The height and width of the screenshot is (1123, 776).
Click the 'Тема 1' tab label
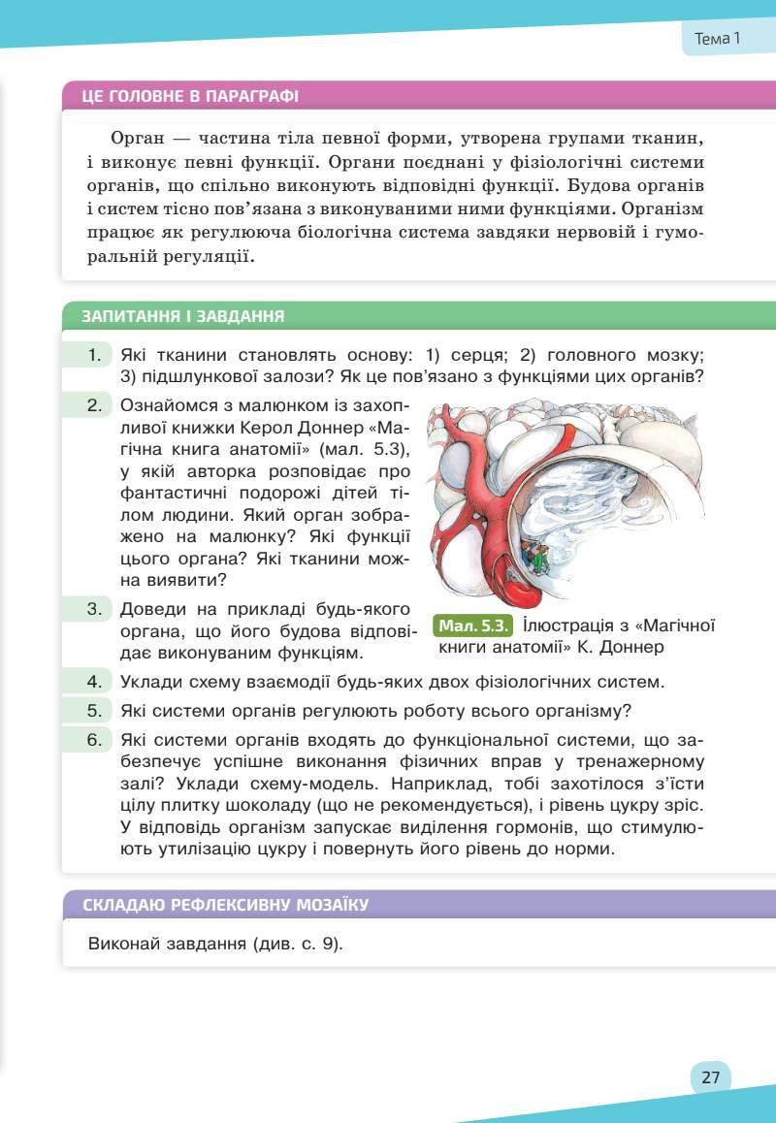tap(718, 39)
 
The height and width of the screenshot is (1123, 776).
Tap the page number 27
tap(710, 1077)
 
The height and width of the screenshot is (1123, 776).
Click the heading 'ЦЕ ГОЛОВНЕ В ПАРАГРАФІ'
tap(191, 96)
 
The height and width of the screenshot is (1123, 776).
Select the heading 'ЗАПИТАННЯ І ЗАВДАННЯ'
tap(183, 316)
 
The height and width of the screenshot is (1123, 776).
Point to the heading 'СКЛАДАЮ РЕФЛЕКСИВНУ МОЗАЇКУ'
tap(226, 906)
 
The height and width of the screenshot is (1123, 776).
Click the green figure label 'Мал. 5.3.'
tap(474, 626)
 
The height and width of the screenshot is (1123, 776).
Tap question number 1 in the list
tap(94, 355)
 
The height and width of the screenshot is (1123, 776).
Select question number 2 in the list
tap(94, 404)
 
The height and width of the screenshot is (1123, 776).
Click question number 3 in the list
tap(94, 609)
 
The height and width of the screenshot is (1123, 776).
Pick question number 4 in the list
tap(94, 681)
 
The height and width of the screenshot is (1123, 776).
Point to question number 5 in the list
tap(94, 710)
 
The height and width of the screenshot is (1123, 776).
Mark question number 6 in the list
tap(94, 740)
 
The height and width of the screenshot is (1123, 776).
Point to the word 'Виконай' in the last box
tap(121, 943)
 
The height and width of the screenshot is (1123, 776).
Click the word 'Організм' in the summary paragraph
tap(663, 209)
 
